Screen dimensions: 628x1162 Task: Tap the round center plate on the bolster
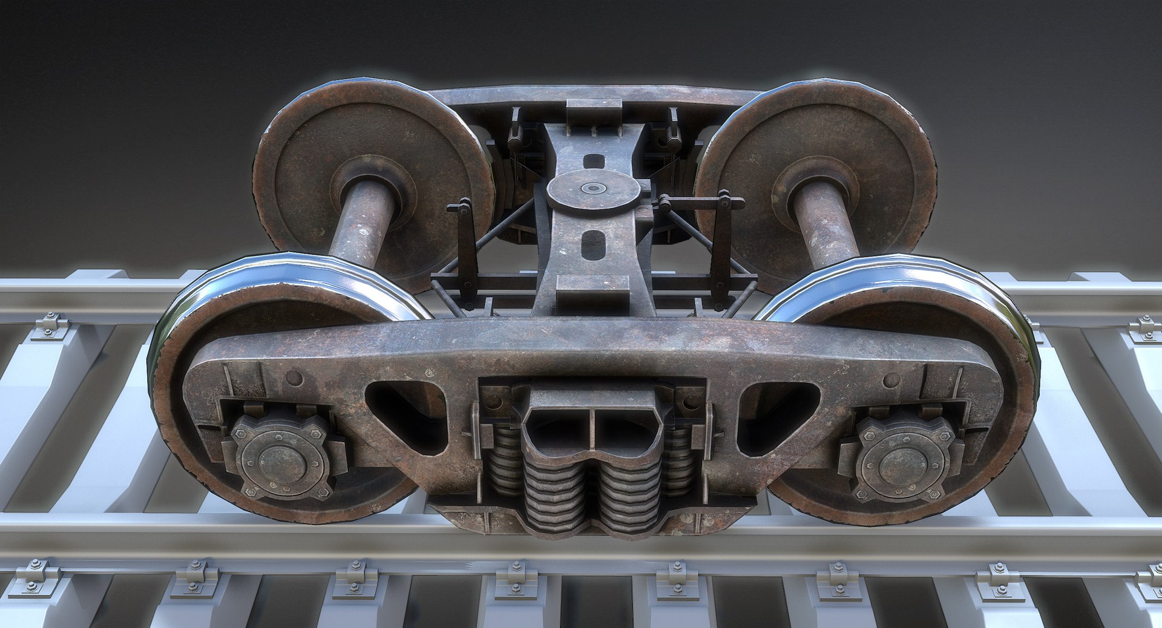(592, 189)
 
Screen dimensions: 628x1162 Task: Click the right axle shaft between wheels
(824, 224)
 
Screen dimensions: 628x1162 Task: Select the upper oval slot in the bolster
(593, 161)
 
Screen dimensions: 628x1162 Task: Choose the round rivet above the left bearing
(295, 378)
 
